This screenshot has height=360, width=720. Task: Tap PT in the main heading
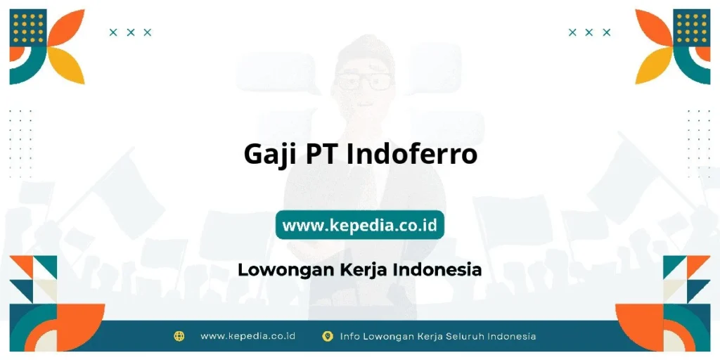pos(322,153)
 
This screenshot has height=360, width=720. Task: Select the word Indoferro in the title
pos(411,153)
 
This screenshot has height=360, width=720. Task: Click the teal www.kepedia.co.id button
pos(359,225)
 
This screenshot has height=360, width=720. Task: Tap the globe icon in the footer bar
pos(179,336)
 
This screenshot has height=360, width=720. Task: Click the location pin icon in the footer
pos(327,336)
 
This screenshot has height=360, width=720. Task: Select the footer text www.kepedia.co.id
pos(247,336)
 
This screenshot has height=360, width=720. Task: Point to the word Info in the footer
pos(350,336)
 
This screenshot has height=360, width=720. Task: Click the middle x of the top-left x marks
pos(130,32)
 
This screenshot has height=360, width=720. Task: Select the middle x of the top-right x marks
pos(589,32)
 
